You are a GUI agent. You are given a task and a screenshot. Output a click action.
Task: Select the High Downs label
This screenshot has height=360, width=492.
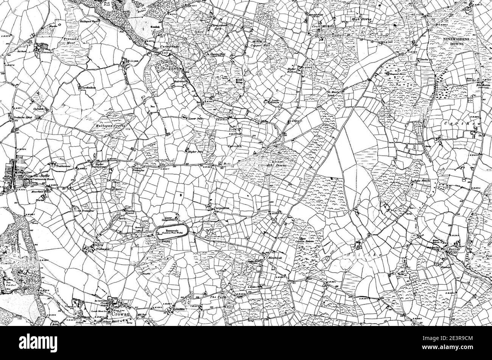362,19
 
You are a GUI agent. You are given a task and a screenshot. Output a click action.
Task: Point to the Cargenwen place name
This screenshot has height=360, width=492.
223,208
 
